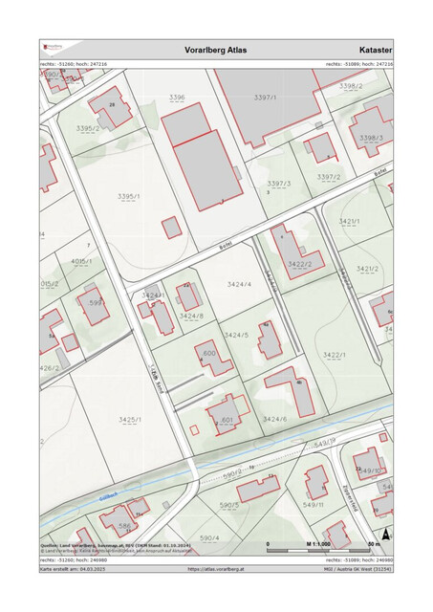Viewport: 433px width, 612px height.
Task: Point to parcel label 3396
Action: click(x=177, y=98)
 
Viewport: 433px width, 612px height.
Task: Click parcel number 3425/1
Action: click(x=130, y=420)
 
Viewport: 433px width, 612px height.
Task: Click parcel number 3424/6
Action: click(x=275, y=419)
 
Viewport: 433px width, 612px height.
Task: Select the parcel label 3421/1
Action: click(x=348, y=221)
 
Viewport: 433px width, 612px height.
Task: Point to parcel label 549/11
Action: click(x=314, y=504)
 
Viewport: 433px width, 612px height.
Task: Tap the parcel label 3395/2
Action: click(x=87, y=127)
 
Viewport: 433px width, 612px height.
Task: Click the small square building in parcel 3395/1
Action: click(x=171, y=228)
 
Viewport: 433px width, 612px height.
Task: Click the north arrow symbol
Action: click(x=385, y=535)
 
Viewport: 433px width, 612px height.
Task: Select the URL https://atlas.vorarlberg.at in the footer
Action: click(x=216, y=568)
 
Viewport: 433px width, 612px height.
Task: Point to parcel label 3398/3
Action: click(x=371, y=138)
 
